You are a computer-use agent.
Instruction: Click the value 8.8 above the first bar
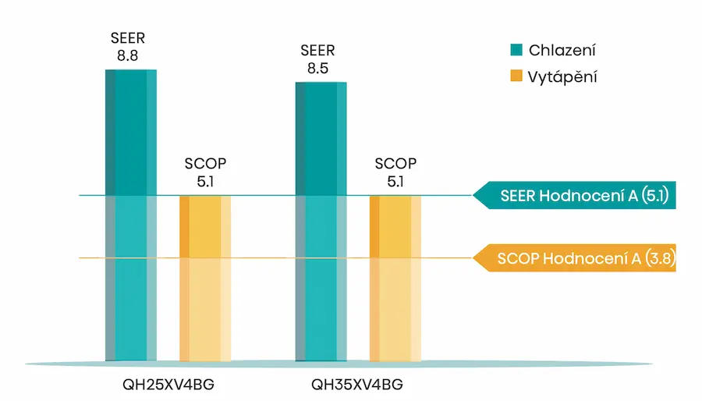[x=127, y=55]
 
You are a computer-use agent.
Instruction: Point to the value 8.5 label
[x=317, y=68]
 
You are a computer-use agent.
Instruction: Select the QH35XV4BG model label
[x=357, y=384]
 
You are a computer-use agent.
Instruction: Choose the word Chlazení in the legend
[x=562, y=51]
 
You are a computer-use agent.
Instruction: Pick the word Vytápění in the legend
[x=563, y=76]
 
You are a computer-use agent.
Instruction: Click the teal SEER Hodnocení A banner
[x=576, y=196]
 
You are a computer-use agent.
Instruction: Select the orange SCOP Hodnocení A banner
[x=576, y=259]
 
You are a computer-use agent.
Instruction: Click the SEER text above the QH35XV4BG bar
[x=317, y=51]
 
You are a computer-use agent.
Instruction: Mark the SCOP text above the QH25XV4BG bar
[x=206, y=165]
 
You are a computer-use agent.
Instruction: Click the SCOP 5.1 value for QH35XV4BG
[x=395, y=181]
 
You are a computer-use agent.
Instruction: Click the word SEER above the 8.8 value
[x=127, y=38]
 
